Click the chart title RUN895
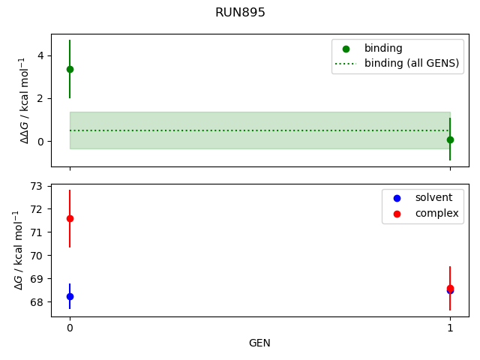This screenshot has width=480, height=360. click(240, 13)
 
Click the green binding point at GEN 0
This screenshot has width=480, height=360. click(70, 69)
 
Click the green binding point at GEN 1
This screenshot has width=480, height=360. click(450, 139)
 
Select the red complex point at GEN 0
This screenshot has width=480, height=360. click(70, 218)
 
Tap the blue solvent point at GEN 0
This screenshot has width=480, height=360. click(70, 296)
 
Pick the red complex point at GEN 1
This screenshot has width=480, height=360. click(450, 288)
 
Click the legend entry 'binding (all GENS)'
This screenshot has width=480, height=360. click(411, 63)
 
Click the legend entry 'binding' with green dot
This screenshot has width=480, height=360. click(383, 48)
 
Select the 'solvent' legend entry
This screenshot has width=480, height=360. click(433, 197)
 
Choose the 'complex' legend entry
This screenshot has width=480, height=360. click(436, 213)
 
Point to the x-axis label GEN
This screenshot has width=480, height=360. click(259, 343)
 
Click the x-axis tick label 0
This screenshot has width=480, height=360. click(70, 328)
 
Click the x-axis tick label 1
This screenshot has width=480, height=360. click(450, 328)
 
